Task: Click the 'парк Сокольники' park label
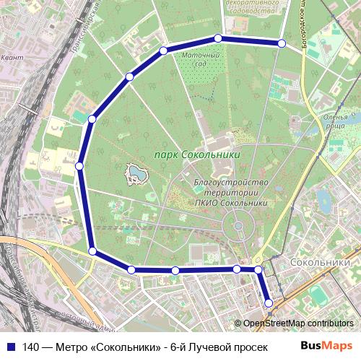click(196, 155)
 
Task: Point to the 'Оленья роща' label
click(336, 121)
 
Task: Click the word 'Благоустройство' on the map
click(231, 183)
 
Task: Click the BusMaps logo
click(326, 345)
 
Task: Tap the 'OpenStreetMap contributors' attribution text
click(298, 323)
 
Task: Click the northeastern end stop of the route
click(282, 44)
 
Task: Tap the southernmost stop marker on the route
click(269, 303)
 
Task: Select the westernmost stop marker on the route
click(79, 166)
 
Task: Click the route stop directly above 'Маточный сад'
click(218, 38)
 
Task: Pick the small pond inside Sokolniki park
click(135, 173)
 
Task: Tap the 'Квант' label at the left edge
click(11, 56)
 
